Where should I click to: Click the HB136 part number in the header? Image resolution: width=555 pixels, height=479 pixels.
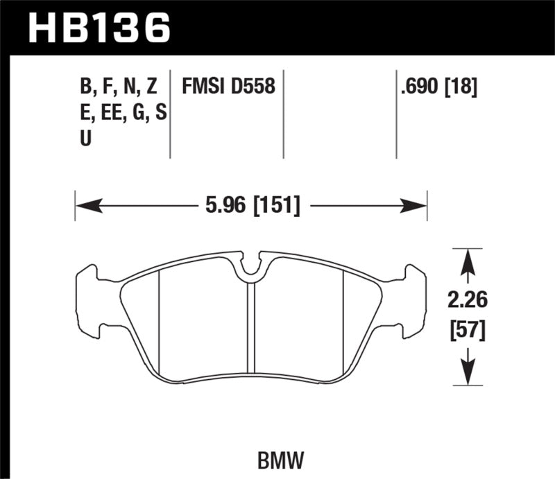click(99, 28)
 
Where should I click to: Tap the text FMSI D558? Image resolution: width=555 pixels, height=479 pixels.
click(229, 87)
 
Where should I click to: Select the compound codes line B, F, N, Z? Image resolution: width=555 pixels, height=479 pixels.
click(119, 87)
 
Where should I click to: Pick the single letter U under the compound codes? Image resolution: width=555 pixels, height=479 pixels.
click(87, 139)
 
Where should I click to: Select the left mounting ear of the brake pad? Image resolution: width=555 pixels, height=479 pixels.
click(90, 298)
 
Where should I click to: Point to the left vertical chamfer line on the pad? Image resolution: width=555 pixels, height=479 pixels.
click(160, 326)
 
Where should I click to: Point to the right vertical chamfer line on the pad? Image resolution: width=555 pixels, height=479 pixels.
click(345, 326)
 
